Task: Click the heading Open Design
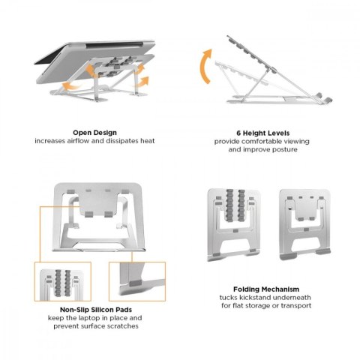click(x=94, y=133)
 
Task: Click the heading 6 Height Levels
click(x=263, y=133)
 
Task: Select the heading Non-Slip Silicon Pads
click(x=96, y=310)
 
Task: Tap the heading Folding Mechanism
click(x=266, y=289)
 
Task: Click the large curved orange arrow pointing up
click(x=204, y=66)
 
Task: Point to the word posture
click(x=285, y=150)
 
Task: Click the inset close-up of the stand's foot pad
click(x=137, y=281)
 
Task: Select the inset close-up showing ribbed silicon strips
click(x=63, y=281)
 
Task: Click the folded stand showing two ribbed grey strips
click(x=234, y=225)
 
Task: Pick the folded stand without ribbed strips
click(x=304, y=224)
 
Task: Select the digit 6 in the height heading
click(x=238, y=133)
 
